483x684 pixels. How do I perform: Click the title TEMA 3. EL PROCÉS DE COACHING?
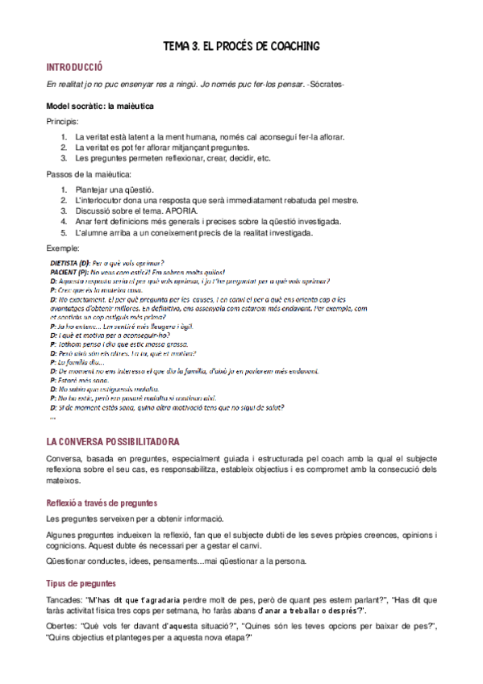click(x=241, y=46)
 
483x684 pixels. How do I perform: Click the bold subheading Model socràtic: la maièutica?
click(x=100, y=106)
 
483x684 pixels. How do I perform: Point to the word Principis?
click(x=63, y=121)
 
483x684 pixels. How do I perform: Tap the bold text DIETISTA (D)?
click(x=70, y=263)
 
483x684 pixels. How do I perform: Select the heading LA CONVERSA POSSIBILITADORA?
click(x=113, y=442)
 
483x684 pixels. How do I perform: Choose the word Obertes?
click(x=62, y=627)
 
